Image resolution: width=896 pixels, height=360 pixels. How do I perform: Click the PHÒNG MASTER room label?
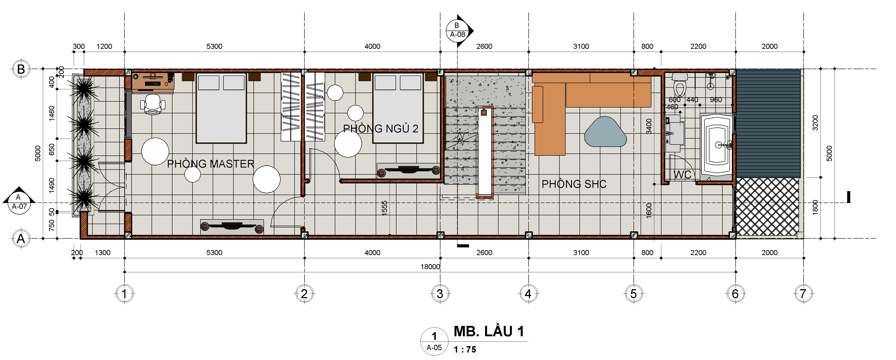pyautogui.click(x=211, y=164)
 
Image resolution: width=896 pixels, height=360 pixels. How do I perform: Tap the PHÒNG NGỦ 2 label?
pyautogui.click(x=381, y=129)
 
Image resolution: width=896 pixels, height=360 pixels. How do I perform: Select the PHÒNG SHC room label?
pyautogui.click(x=574, y=184)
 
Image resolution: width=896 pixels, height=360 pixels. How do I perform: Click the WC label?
pyautogui.click(x=682, y=175)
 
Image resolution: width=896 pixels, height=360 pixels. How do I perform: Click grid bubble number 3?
pyautogui.click(x=440, y=294)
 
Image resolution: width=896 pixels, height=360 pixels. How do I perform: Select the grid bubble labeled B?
pyautogui.click(x=21, y=69)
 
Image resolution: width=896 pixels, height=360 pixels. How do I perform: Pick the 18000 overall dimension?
pyautogui.click(x=430, y=267)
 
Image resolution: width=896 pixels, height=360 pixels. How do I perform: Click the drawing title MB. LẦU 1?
pyautogui.click(x=489, y=331)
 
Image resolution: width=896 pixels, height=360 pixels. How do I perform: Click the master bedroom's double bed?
pyautogui.click(x=221, y=108)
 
